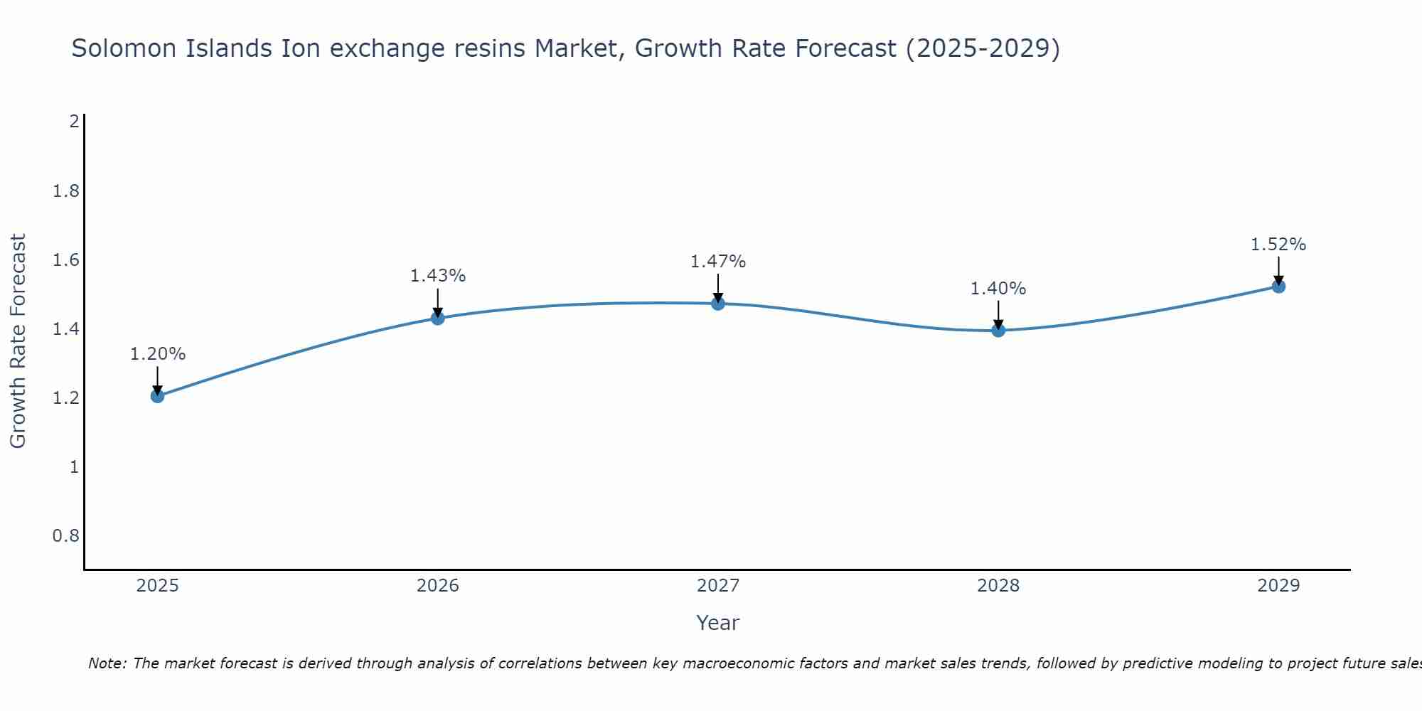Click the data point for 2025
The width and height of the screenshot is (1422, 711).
(x=158, y=396)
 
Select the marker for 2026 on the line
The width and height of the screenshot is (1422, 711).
(x=438, y=318)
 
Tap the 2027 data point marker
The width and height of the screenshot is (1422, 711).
(x=718, y=304)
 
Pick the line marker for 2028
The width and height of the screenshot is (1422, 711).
(x=998, y=330)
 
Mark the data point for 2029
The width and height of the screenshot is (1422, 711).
(x=1278, y=287)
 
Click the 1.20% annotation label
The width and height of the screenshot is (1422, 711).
(x=158, y=354)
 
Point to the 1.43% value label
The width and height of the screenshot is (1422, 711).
(x=438, y=276)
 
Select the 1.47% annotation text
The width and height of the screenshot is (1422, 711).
(x=718, y=262)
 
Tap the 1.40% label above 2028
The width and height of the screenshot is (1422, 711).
(x=998, y=289)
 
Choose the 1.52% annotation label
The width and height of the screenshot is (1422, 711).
(x=1278, y=245)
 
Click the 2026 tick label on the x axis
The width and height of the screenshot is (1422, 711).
(x=438, y=586)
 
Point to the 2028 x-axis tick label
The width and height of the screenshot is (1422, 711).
(x=998, y=586)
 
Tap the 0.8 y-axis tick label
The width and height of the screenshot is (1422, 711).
(x=66, y=535)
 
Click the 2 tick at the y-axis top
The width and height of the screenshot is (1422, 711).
(x=74, y=122)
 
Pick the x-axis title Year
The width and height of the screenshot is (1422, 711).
(x=718, y=623)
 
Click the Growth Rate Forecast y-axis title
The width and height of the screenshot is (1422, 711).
(x=18, y=341)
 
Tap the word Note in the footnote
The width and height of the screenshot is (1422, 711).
(x=107, y=663)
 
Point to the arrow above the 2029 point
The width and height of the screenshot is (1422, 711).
(x=1278, y=270)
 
